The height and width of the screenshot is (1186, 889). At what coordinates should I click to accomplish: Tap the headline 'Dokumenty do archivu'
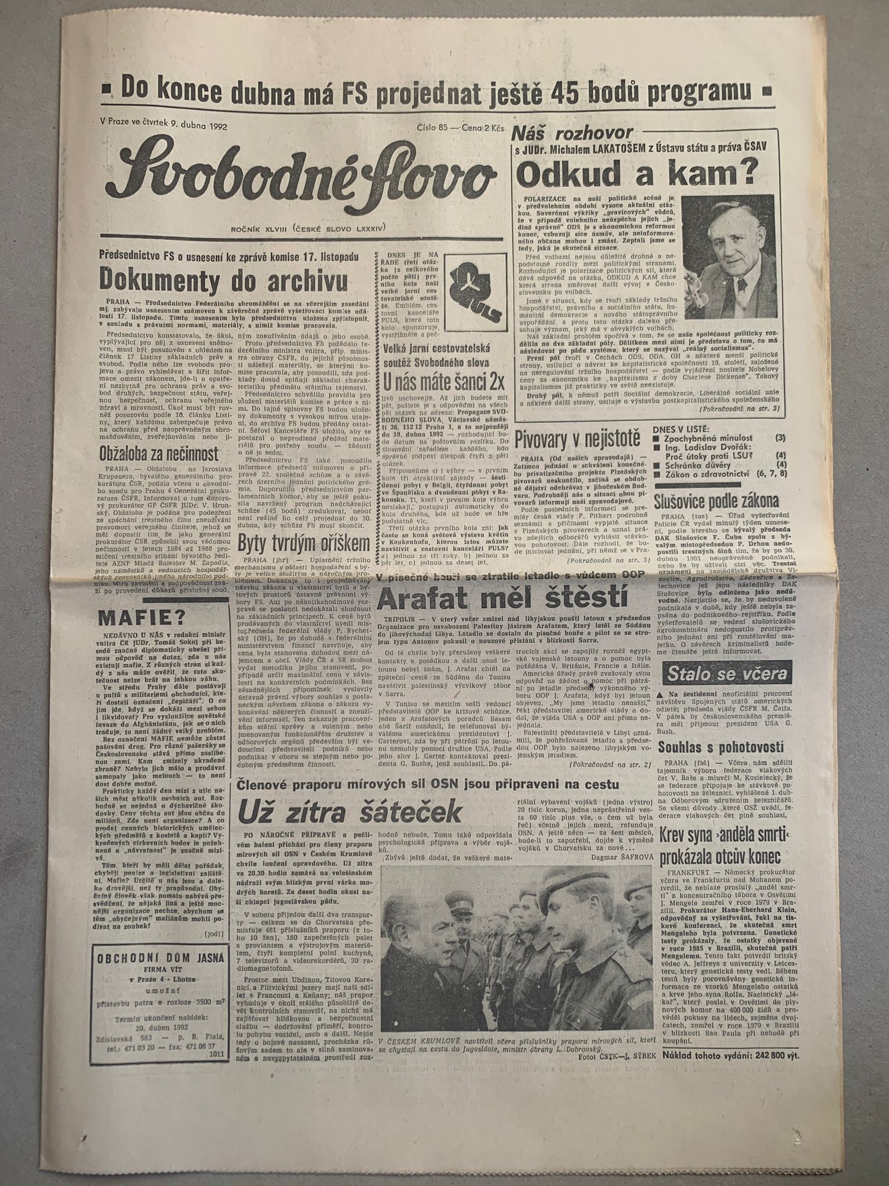point(224,279)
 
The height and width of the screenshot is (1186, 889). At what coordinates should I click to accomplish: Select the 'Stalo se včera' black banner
point(726,674)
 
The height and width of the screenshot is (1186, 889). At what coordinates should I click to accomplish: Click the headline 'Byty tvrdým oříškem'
point(304,543)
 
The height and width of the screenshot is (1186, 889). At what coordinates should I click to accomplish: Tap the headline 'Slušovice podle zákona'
point(715,500)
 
